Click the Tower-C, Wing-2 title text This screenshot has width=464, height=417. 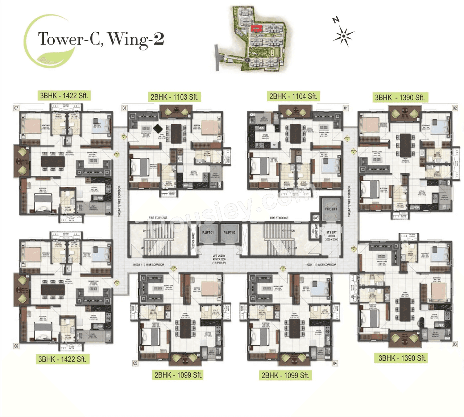pos(101,39)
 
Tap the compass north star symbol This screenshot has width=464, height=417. pos(343,36)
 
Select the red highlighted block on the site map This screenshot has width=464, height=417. pos(257,28)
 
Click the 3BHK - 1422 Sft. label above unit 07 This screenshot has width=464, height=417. pos(64,96)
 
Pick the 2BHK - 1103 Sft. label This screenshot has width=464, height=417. pos(174,97)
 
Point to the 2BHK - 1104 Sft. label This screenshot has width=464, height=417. pos(293,96)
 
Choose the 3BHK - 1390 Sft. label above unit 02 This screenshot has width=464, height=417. pos(399,97)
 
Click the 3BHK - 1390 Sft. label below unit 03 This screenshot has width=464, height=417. pos(402,358)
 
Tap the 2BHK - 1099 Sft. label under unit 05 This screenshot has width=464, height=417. pos(178,375)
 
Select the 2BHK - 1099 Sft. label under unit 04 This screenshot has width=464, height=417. pos(285,375)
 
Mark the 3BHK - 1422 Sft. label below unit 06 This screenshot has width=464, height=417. pos(62,359)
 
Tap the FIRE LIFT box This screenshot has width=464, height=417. pos(331,210)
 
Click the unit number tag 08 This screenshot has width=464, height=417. pos(124,108)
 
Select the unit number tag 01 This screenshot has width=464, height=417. pos(346,108)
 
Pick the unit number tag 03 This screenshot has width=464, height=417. pos(455,344)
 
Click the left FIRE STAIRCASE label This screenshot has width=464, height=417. pos(158,218)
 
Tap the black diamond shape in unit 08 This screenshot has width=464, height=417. pos(158,128)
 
